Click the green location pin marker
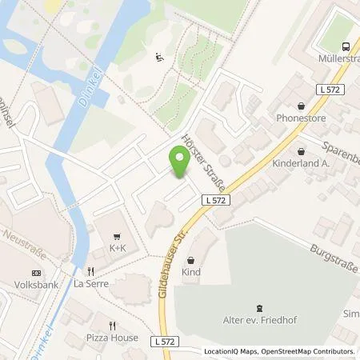(x=179, y=163)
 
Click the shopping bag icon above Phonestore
(x=301, y=105)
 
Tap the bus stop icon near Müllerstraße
(x=346, y=46)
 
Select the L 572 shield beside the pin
(x=213, y=200)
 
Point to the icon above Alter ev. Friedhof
(x=258, y=307)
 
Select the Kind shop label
(x=190, y=272)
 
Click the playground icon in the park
(x=158, y=56)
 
